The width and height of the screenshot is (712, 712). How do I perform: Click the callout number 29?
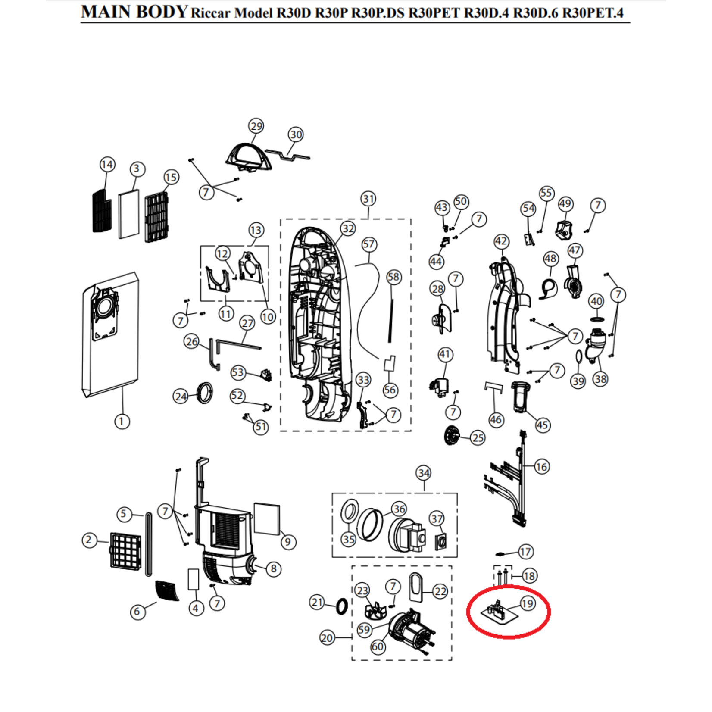256,126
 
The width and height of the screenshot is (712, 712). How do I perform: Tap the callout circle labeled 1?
122,421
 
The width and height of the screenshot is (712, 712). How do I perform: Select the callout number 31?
368,199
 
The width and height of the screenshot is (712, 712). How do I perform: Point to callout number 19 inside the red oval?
528,603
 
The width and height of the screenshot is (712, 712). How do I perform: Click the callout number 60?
378,646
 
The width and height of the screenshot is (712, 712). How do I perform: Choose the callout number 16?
541,466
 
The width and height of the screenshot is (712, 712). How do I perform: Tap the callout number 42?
501,241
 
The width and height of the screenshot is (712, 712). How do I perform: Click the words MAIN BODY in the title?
134,12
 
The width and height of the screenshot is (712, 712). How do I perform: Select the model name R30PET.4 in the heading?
593,13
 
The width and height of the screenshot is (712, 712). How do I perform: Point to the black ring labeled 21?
341,606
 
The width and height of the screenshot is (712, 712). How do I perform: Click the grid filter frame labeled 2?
125,550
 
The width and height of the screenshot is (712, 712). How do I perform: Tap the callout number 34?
424,473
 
